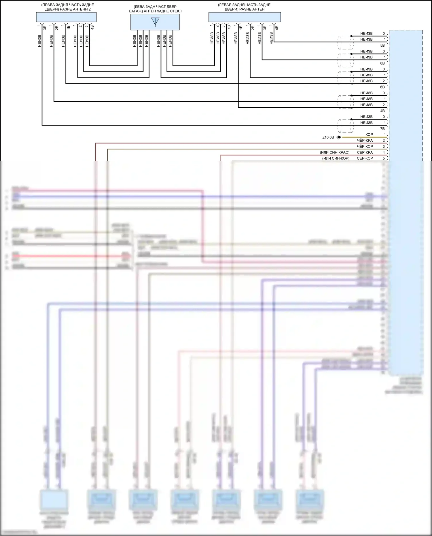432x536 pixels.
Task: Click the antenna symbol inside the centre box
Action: pos(155,22)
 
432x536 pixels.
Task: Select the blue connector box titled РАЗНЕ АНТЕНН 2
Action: pos(66,17)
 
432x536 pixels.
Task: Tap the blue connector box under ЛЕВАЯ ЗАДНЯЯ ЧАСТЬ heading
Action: pos(245,17)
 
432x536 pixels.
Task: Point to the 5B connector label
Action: pos(382,46)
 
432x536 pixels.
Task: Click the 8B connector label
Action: pos(382,63)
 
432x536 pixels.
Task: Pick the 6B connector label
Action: pos(382,87)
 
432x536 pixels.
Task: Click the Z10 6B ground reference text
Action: pos(328,137)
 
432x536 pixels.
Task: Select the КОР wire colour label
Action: pos(369,135)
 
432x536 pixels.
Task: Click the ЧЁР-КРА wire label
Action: pos(365,141)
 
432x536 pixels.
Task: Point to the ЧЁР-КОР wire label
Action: pos(365,147)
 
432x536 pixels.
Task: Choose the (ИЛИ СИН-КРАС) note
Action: pos(334,152)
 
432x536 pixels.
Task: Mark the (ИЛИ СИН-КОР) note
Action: pos(336,158)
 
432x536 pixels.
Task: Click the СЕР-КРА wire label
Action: pos(365,152)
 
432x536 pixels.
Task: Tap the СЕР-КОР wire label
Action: pos(365,158)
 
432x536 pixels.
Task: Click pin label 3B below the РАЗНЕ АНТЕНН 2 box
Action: pos(45,28)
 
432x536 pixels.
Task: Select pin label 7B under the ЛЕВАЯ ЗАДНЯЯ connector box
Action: pos(229,28)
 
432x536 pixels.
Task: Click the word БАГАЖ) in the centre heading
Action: pos(136,11)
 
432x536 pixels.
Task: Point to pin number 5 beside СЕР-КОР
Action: pos(384,158)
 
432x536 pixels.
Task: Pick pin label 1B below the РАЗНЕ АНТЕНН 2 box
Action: pos(69,28)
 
